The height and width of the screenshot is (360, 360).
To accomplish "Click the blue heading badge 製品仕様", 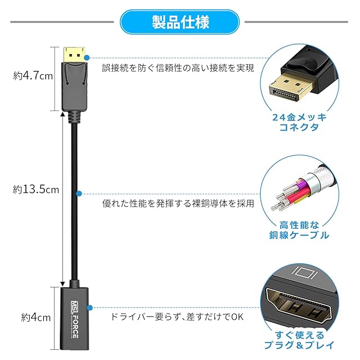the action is tap(180, 22).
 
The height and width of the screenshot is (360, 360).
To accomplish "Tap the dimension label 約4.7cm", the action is tap(34, 75).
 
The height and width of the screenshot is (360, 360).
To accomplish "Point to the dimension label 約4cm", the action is tap(32, 317).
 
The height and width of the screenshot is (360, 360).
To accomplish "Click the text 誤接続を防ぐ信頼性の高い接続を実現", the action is tap(178, 68).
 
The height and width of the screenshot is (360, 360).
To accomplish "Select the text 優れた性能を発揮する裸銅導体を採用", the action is tap(178, 202).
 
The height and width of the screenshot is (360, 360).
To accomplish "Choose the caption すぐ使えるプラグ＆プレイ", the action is tap(299, 340).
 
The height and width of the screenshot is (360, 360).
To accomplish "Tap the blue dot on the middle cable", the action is tap(79, 193).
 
